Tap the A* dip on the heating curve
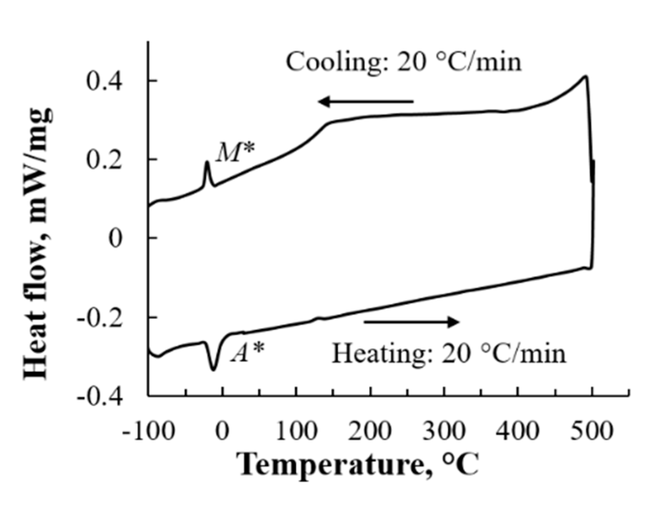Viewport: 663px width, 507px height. pos(214,368)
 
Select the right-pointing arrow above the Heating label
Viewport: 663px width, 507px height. pos(411,322)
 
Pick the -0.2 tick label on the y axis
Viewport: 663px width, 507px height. pos(99,318)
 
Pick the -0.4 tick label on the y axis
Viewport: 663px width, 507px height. pos(99,397)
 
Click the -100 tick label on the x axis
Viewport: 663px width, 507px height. pos(148,431)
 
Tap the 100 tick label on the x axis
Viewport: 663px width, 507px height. pos(296,431)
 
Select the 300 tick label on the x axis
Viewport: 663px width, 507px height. pos(444,431)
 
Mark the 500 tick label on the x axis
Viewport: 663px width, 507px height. pos(592,431)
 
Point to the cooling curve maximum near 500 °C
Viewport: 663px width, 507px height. pos(586,76)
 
